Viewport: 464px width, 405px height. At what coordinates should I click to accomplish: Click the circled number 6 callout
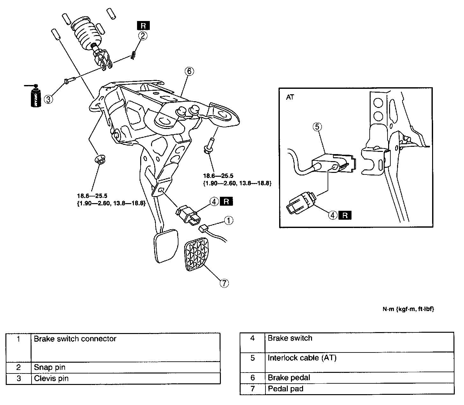coord(189,71)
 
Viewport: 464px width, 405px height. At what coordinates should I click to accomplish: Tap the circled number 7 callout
coord(224,283)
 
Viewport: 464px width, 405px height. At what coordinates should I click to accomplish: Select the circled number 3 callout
coord(48,99)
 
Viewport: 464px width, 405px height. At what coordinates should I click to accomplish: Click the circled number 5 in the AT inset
coord(317,127)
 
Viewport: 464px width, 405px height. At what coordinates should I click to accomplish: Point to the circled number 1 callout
coord(228,220)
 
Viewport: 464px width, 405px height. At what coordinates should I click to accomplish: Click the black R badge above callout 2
coord(143,26)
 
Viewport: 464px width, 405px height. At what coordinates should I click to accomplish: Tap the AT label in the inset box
coord(290,97)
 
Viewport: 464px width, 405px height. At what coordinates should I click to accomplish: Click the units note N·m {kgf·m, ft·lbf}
coord(408,309)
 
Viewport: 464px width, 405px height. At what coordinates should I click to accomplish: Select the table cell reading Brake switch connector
coord(75,339)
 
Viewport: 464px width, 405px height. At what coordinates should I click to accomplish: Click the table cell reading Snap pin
coord(50,367)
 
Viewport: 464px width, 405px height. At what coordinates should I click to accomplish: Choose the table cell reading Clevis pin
coord(51,378)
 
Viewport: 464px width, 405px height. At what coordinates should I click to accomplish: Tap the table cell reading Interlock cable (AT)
coord(302,358)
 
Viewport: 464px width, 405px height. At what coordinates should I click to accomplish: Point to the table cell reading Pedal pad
coord(286,388)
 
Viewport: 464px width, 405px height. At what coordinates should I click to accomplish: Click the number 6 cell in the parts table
coord(252,378)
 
